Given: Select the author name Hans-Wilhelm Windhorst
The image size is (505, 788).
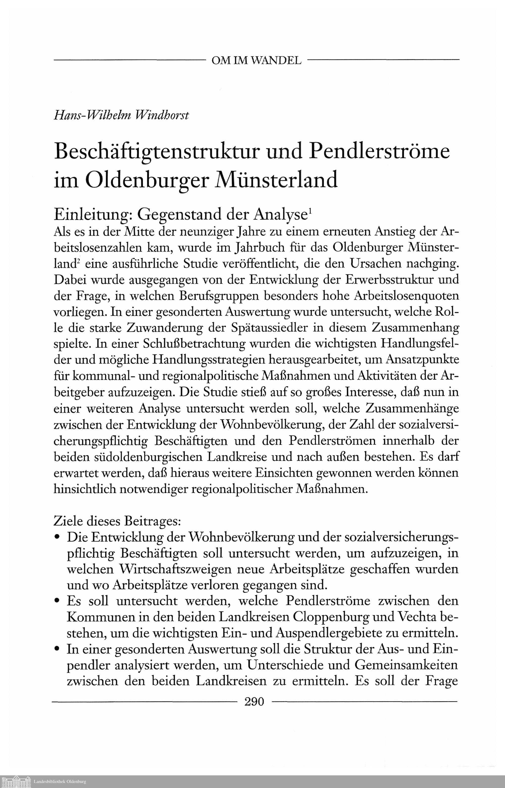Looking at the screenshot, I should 121,115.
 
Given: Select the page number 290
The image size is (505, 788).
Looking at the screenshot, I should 254,701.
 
